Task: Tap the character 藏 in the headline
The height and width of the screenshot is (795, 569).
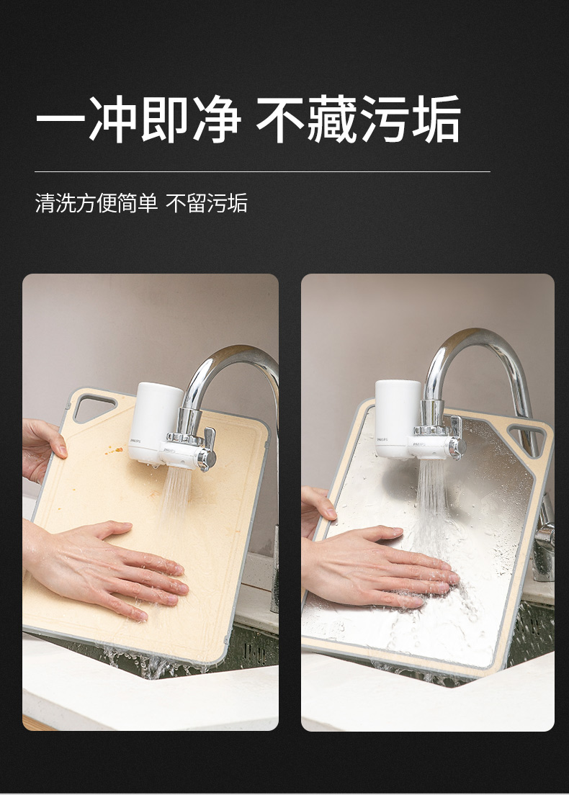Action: click(x=333, y=120)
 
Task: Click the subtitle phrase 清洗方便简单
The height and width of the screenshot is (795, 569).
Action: click(x=97, y=203)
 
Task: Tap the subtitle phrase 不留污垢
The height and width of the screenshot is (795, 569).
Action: click(x=207, y=203)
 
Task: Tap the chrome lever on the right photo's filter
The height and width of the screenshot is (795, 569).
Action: click(x=456, y=439)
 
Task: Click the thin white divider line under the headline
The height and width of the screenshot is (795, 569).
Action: click(x=262, y=172)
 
